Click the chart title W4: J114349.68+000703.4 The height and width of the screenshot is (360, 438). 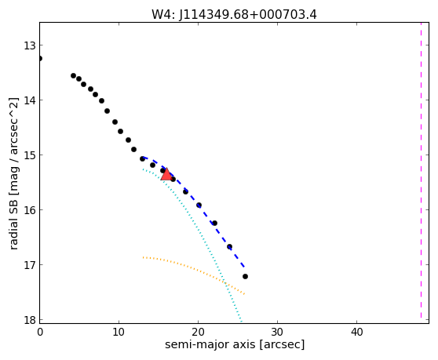click(234, 14)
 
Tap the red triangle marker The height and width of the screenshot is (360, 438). click(166, 175)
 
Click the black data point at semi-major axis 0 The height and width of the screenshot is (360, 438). click(40, 58)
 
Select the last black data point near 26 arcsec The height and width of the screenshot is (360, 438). click(245, 276)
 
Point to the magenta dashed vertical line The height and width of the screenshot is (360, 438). click(421, 170)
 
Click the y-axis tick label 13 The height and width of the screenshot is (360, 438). click(29, 45)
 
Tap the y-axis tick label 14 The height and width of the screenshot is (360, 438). click(29, 100)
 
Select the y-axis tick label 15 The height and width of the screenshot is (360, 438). click(29, 155)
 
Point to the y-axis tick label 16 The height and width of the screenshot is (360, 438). click(29, 209)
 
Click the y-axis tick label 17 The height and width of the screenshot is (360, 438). click(29, 264)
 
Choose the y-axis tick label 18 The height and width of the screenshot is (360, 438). click(29, 319)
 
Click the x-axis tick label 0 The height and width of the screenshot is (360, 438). click(40, 332)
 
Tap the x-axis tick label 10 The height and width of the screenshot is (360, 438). click(119, 332)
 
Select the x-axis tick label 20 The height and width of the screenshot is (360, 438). click(198, 332)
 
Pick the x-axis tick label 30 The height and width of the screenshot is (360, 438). click(277, 332)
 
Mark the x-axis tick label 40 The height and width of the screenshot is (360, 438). click(356, 332)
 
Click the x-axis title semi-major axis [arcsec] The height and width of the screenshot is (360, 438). click(235, 344)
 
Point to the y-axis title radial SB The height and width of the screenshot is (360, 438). click(13, 224)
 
